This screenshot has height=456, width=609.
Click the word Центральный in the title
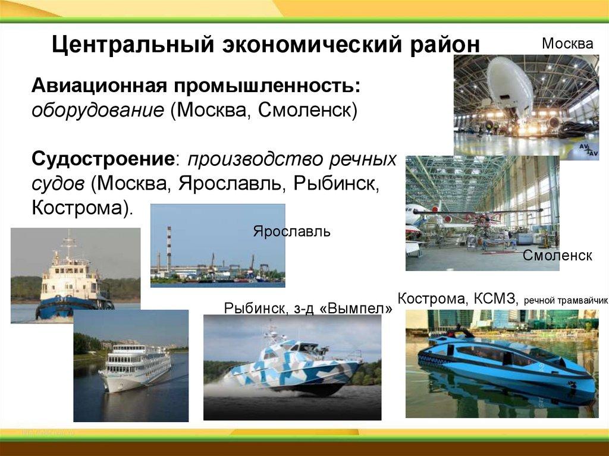click(x=133, y=45)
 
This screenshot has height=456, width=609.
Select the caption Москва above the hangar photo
click(x=567, y=43)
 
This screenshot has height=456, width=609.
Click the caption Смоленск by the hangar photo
click(x=557, y=255)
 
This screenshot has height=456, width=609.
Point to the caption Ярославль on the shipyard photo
click(x=291, y=231)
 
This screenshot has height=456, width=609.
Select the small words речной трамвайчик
click(x=566, y=301)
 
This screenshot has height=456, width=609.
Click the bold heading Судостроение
click(x=102, y=159)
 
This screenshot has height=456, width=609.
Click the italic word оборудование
click(x=98, y=111)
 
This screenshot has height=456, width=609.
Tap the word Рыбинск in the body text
click(x=335, y=183)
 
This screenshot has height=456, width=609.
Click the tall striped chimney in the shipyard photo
click(x=169, y=249)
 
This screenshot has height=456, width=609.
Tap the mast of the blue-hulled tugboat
click(x=69, y=245)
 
